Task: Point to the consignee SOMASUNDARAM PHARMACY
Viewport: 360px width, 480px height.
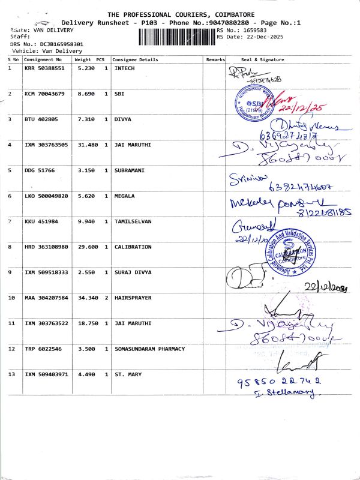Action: (x=149, y=349)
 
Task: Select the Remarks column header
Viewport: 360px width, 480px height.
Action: (x=215, y=60)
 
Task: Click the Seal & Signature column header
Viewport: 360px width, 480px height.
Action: (x=262, y=60)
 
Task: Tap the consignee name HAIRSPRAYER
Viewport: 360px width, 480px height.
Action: (x=133, y=298)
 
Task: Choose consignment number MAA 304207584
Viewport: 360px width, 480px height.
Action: (x=46, y=298)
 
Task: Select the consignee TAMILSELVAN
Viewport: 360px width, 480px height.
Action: (x=133, y=221)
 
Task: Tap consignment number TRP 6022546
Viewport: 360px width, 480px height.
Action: (x=41, y=349)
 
